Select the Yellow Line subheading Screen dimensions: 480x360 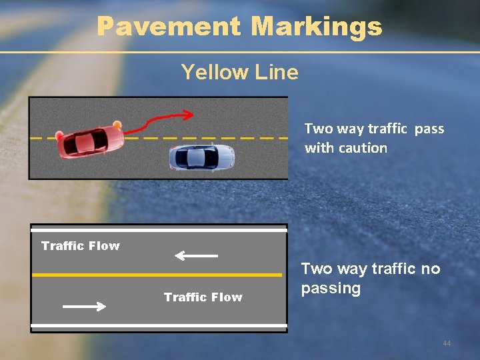(239, 71)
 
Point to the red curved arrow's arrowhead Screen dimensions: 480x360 (189, 115)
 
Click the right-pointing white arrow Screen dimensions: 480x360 (84, 307)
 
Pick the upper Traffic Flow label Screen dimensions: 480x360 (81, 246)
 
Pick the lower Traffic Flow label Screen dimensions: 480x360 (203, 297)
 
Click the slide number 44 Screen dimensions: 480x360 (447, 343)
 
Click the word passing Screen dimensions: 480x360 (331, 289)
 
